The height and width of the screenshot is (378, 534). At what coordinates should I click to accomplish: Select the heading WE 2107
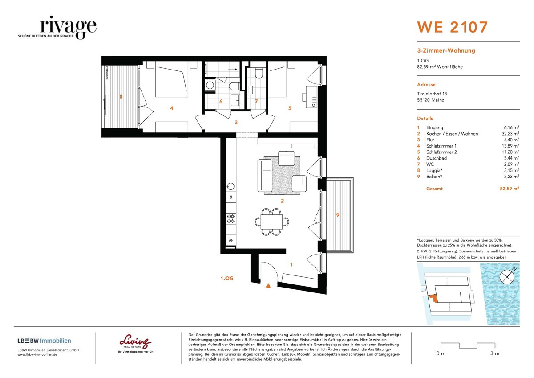point(452,27)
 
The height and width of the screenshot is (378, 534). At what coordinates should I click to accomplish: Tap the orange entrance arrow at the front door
point(267,287)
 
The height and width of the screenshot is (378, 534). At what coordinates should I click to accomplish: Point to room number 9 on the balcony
point(338,215)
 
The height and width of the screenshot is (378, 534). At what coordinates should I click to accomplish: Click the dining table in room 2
point(271,221)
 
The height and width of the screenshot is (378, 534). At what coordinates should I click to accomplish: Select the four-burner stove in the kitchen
point(231,218)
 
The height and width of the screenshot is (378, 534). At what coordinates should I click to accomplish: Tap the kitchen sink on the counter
point(231,185)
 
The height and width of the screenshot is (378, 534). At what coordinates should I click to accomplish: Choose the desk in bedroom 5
point(311,96)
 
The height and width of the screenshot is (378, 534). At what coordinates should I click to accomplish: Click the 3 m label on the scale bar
point(494,353)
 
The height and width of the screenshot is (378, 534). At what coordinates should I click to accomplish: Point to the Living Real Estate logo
point(135,342)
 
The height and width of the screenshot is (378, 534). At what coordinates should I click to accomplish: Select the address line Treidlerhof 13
point(432,94)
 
